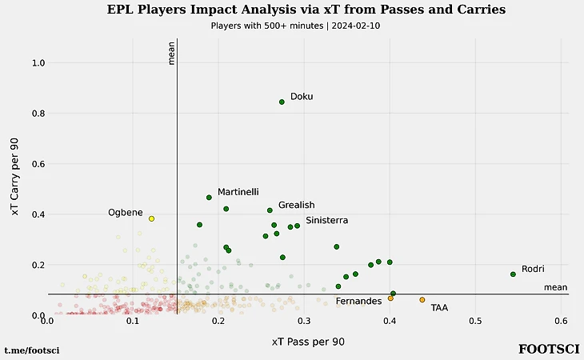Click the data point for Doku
[x=282, y=102]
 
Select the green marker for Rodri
[x=513, y=274]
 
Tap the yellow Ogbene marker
[x=151, y=218]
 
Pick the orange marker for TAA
[x=422, y=300]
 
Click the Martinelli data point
[x=209, y=197]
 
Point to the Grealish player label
[x=296, y=206]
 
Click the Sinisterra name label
[x=326, y=220]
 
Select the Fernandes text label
[x=358, y=302]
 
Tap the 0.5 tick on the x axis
[x=475, y=322]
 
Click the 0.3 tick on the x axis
[x=304, y=322]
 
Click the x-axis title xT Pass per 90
[x=308, y=342]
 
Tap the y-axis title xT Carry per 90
[x=15, y=176]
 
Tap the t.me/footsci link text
[x=32, y=350]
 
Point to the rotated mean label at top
[x=171, y=53]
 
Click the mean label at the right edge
[x=555, y=288]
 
